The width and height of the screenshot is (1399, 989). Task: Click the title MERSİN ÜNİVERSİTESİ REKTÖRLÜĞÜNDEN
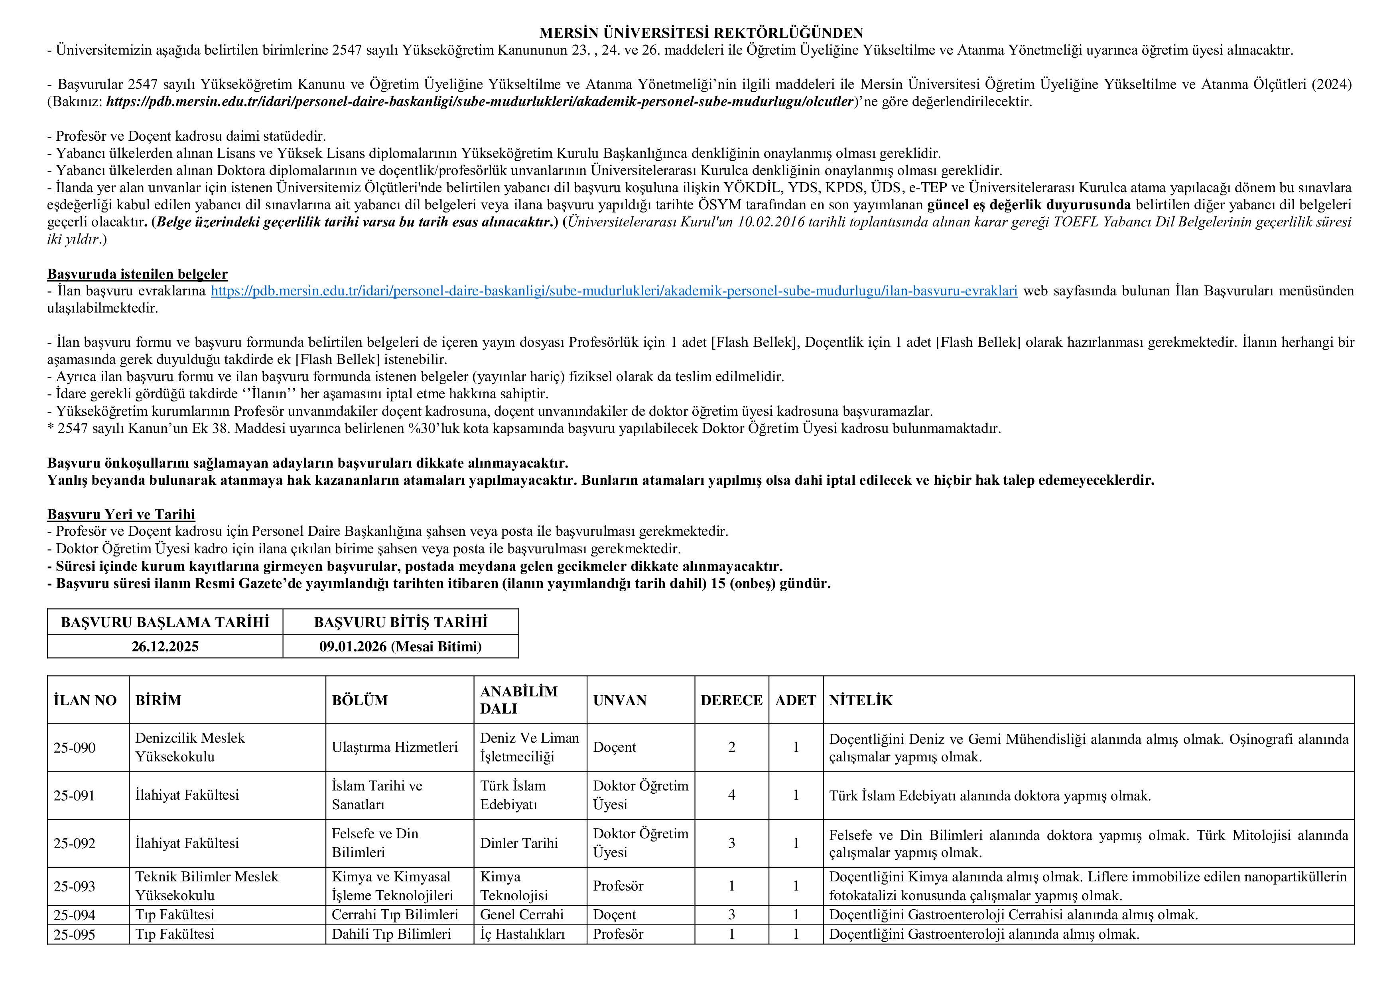pyautogui.click(x=701, y=33)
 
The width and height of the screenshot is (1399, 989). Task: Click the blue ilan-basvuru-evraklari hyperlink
pyautogui.click(x=614, y=291)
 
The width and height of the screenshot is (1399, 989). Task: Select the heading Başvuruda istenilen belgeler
pyautogui.click(x=138, y=274)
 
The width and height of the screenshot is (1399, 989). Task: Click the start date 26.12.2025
pyautogui.click(x=165, y=647)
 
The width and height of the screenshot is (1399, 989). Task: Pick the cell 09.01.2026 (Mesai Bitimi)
pyautogui.click(x=400, y=647)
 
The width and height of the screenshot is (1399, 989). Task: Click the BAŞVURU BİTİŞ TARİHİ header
pyautogui.click(x=400, y=622)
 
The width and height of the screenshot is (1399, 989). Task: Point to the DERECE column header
pyautogui.click(x=731, y=700)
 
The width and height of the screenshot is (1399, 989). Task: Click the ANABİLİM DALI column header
pyautogui.click(x=518, y=700)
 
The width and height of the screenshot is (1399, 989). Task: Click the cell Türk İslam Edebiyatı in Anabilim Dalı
pyautogui.click(x=513, y=795)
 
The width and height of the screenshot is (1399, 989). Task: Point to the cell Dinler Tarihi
pyautogui.click(x=518, y=844)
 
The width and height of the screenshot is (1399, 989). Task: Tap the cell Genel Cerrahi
pyautogui.click(x=522, y=915)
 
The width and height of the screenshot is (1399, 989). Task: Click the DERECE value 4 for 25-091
pyautogui.click(x=731, y=795)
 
